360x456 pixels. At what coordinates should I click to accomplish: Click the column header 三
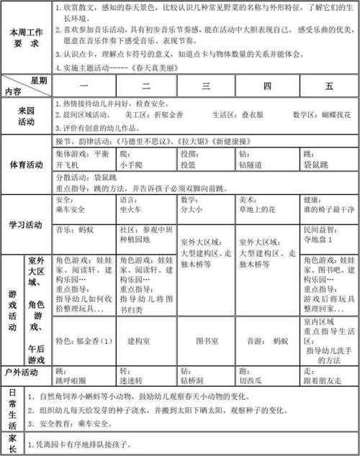click(x=207, y=86)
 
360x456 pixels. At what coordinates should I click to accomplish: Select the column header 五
click(x=328, y=86)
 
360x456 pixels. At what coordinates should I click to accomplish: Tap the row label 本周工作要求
click(x=26, y=37)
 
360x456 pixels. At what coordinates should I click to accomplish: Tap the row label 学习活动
click(x=26, y=224)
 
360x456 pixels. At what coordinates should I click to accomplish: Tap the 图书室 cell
click(x=207, y=340)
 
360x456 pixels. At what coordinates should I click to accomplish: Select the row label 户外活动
click(x=26, y=372)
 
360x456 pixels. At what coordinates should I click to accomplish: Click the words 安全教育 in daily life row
click(x=64, y=424)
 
